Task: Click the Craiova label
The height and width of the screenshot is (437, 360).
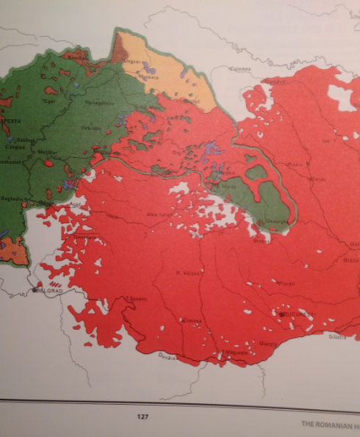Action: tap(192, 320)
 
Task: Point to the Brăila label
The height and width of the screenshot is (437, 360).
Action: tap(351, 259)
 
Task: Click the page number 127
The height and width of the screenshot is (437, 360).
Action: tap(143, 416)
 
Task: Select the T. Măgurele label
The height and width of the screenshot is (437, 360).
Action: tap(240, 353)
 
